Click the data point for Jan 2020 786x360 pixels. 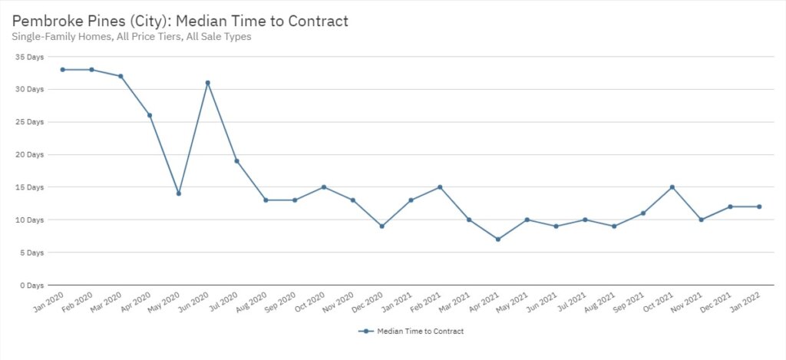point(63,70)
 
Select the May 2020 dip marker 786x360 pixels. point(179,193)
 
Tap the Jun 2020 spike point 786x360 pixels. point(208,83)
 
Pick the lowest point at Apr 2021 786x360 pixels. point(498,239)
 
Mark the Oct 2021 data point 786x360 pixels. point(672,187)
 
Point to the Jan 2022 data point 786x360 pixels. point(759,206)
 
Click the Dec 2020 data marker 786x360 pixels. point(382,226)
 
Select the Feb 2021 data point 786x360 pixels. point(440,187)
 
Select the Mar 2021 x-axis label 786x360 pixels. point(456,303)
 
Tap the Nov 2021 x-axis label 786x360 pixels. point(689,303)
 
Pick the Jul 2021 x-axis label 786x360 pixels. point(573,303)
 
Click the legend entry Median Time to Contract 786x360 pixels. point(411,332)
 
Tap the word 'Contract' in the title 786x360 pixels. point(315,21)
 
